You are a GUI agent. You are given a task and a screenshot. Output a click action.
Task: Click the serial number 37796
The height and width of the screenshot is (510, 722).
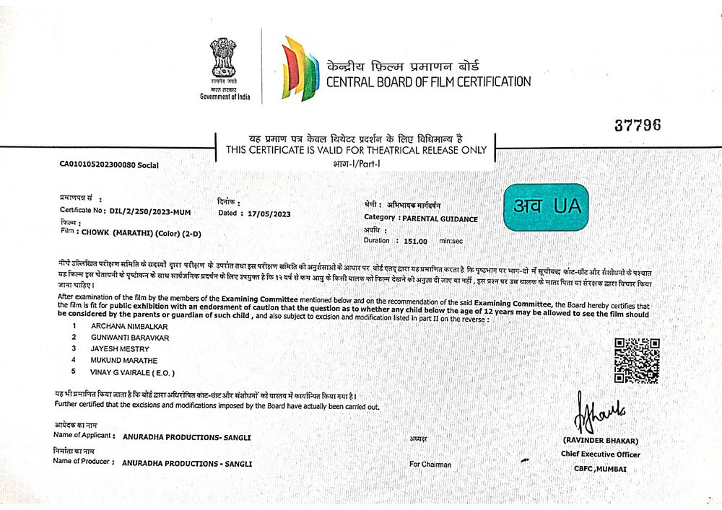(x=638, y=125)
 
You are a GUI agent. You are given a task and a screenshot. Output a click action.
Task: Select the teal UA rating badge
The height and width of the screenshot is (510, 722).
(x=546, y=207)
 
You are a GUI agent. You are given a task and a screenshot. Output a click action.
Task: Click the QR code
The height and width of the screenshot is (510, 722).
(x=637, y=360)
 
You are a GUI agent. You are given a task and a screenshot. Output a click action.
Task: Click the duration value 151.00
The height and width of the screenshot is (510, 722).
(x=416, y=241)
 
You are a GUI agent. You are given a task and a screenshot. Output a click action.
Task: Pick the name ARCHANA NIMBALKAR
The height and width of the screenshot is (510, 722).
(x=123, y=326)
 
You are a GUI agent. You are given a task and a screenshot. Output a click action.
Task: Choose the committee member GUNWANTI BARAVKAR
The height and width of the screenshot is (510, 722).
(x=126, y=337)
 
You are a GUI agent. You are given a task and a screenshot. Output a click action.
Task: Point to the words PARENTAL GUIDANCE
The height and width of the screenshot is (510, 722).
(x=440, y=218)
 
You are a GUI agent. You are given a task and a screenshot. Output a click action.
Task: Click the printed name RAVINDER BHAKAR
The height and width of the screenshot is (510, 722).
(x=601, y=441)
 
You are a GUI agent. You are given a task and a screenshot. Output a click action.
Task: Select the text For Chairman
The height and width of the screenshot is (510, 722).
(x=430, y=465)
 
